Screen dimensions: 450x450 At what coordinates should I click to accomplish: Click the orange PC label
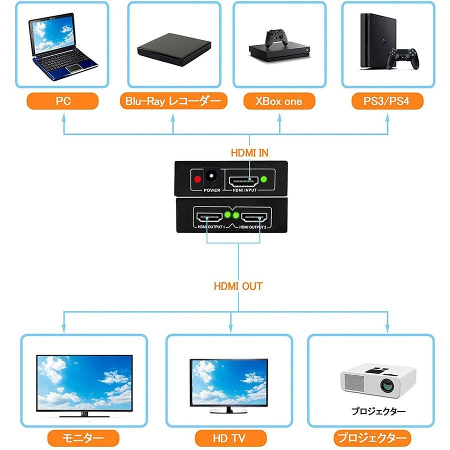pos(62,101)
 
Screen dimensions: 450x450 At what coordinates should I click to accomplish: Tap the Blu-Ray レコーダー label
pos(173,101)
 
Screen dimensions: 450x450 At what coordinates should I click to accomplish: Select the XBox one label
pos(279,101)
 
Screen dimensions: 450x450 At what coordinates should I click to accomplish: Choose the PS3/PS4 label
pos(387,101)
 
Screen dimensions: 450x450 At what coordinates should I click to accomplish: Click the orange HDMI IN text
pos(249,153)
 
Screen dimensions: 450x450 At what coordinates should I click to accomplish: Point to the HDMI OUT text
pos(238,286)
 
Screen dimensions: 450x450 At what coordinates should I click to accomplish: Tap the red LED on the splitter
pos(197,179)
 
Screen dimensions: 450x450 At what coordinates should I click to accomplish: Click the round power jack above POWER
pos(211,176)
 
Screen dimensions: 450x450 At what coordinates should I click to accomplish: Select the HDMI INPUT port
pos(243,181)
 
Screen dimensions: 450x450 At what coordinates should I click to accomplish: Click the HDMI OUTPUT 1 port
pos(209,217)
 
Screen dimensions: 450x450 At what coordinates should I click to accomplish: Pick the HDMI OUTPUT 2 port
pos(254,217)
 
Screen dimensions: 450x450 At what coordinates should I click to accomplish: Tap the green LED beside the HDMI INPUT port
pos(263,179)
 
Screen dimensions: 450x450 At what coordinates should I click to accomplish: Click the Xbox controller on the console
pos(276,38)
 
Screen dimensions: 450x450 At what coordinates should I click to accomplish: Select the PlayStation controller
pos(402,59)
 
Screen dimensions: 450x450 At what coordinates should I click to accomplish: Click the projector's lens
pos(387,385)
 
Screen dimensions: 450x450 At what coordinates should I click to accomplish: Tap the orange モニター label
pos(83,438)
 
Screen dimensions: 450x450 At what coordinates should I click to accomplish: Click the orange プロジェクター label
pos(372,438)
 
